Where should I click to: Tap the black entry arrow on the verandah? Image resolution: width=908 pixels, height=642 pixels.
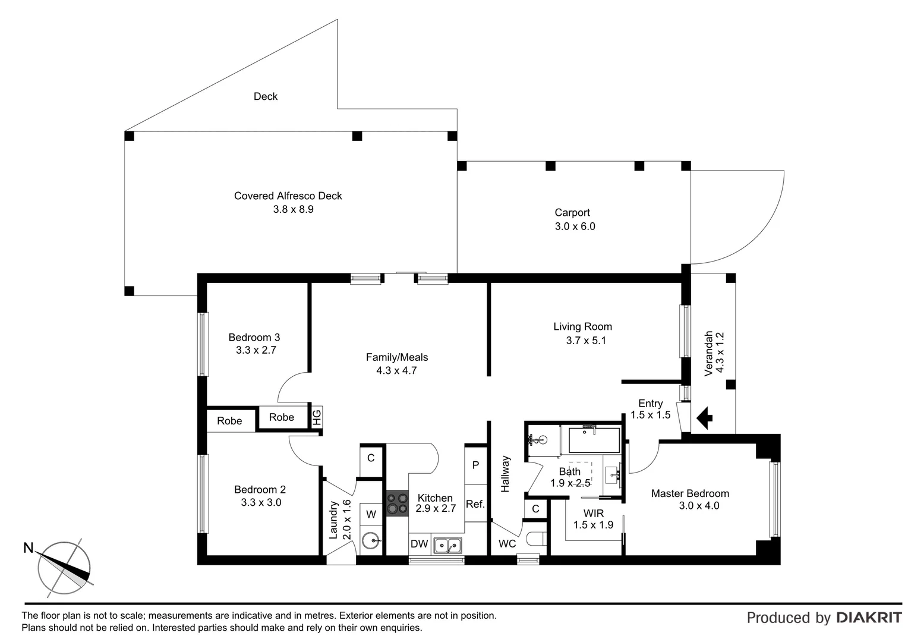point(704,417)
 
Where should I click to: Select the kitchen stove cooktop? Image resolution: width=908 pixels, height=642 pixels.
point(397,503)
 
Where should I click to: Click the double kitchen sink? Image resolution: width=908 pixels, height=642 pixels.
point(447,545)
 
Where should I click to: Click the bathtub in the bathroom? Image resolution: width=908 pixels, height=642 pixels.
point(594,440)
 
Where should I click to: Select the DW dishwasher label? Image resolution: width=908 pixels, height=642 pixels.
point(419,544)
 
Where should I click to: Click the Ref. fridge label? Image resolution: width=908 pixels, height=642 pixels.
point(475,504)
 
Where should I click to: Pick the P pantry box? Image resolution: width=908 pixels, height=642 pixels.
point(475,465)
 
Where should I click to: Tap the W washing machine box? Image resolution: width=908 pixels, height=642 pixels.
point(371,514)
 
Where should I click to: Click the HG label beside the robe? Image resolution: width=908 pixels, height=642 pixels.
point(317,417)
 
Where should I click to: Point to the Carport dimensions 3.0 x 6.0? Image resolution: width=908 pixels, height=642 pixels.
point(575,226)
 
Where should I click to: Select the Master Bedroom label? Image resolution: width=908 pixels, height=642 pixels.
point(689,493)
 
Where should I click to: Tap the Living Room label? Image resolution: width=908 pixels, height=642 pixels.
point(582,326)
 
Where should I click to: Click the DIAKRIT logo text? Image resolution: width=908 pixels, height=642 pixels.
point(869,618)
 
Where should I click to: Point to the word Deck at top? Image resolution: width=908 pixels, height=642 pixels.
point(265,96)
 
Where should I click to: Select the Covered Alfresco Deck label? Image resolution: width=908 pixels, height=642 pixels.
point(288,196)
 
